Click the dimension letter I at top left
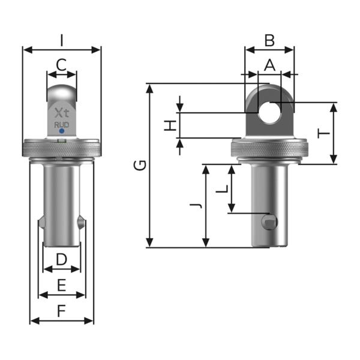click(62, 40)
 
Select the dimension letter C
click(61, 65)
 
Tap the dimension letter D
click(61, 260)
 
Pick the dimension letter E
click(61, 285)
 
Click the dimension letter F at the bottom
click(61, 311)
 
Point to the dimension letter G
click(139, 165)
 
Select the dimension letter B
click(269, 40)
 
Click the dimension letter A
click(269, 64)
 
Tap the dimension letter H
click(171, 125)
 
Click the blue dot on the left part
click(62, 131)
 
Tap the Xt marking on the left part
click(61, 112)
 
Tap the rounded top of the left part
click(62, 93)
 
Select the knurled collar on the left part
click(61, 148)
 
